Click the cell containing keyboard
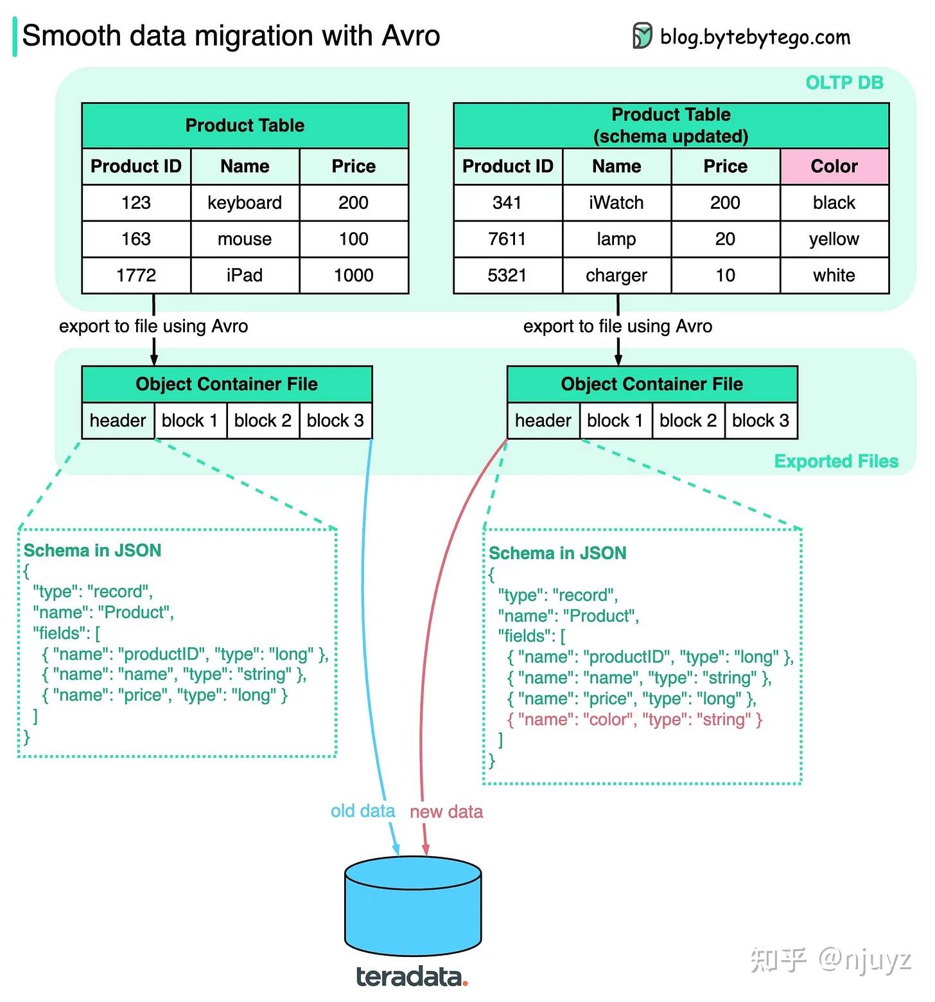[x=245, y=203]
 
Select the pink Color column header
[x=834, y=166]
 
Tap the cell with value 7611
[x=507, y=239]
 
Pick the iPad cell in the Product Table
[x=245, y=276]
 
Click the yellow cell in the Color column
[x=834, y=239]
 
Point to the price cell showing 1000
[x=354, y=276]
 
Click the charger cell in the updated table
[x=616, y=276]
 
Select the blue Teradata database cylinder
[x=413, y=906]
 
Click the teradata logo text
[x=412, y=977]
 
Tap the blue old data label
[x=363, y=811]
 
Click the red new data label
[x=446, y=812]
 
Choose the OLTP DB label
[x=844, y=83]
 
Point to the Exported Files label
[x=836, y=461]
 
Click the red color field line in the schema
[x=634, y=719]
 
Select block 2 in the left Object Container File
[x=263, y=420]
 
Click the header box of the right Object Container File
[x=543, y=420]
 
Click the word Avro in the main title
[x=411, y=35]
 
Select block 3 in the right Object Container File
[x=761, y=420]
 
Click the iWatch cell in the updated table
[x=616, y=203]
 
